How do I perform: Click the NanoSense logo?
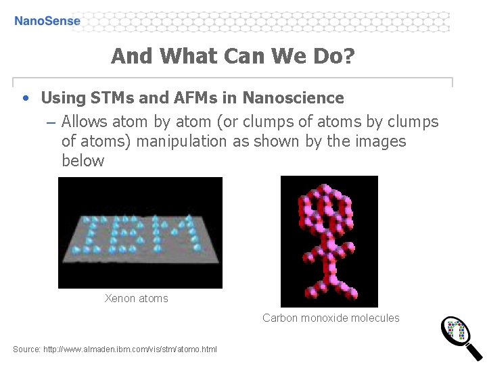click(x=47, y=21)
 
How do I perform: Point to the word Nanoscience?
click(x=293, y=98)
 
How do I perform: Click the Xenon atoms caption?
click(x=136, y=298)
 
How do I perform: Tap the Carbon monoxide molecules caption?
click(x=331, y=318)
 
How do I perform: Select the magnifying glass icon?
click(x=461, y=337)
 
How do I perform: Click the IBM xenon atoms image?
click(x=140, y=232)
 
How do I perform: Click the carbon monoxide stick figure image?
click(x=329, y=241)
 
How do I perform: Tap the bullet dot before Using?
click(x=25, y=98)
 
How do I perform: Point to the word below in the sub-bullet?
click(x=83, y=161)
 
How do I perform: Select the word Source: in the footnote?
click(x=26, y=349)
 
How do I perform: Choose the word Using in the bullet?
click(x=62, y=98)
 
